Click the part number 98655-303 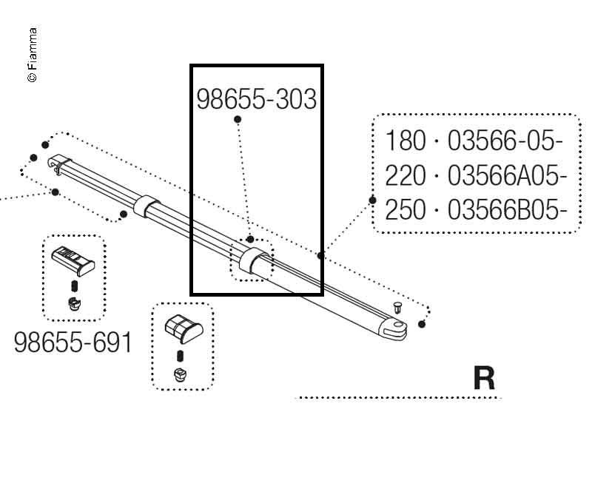click(x=256, y=100)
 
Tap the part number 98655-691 click(x=73, y=342)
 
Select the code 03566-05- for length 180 click(x=506, y=141)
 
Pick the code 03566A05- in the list click(x=508, y=176)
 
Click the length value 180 click(x=406, y=141)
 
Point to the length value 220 click(x=406, y=176)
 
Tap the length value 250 click(x=406, y=211)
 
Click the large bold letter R click(x=484, y=379)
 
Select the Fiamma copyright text click(x=33, y=55)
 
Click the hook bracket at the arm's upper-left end click(x=57, y=163)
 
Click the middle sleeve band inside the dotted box click(x=252, y=260)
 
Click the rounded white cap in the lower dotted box click(x=182, y=328)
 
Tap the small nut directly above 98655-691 click(x=73, y=303)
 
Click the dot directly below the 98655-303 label click(x=238, y=119)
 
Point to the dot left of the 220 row click(x=371, y=198)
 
